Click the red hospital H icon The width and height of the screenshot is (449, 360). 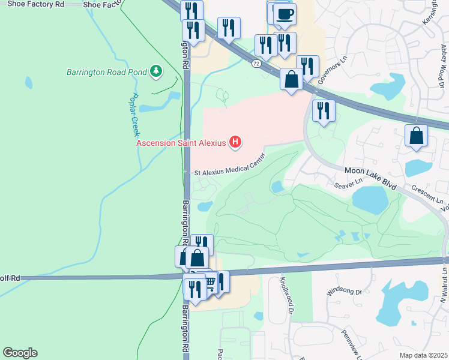click(236, 142)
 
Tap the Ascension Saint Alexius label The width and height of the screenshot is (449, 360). click(181, 143)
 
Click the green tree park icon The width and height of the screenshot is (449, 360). click(156, 72)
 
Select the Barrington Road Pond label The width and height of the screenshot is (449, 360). click(106, 73)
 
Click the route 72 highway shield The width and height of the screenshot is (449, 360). click(256, 63)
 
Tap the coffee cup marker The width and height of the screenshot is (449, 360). click(285, 14)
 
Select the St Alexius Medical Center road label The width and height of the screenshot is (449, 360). click(229, 172)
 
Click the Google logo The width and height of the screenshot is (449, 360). click(20, 353)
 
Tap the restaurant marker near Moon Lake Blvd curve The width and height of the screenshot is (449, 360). click(323, 110)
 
